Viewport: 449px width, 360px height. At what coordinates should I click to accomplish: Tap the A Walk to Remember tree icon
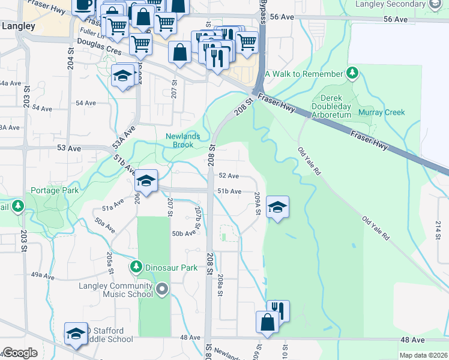pos(353,74)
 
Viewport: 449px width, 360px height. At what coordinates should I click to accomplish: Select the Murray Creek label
pos(382,112)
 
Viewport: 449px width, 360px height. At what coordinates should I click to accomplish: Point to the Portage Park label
pos(53,190)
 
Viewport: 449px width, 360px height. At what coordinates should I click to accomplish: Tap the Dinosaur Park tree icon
pos(136,267)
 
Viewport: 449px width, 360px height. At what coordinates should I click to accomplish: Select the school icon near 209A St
pos(277,207)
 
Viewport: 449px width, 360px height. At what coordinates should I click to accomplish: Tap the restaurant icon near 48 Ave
pos(278,310)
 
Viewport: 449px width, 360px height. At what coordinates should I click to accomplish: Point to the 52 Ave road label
pos(229,176)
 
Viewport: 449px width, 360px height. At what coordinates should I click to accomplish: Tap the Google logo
pos(20,352)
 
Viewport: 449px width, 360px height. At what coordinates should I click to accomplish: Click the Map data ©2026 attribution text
pos(423,355)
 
